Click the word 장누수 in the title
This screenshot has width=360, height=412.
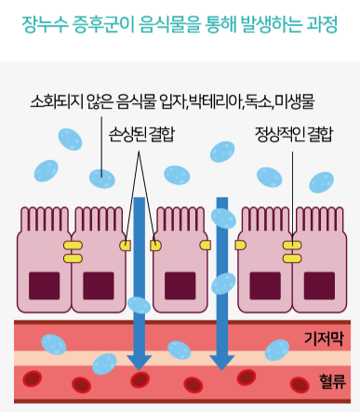click(x=45, y=24)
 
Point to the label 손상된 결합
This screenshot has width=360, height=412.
click(x=141, y=135)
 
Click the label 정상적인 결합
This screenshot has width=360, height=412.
click(x=294, y=135)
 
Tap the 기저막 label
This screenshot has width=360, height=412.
click(x=324, y=339)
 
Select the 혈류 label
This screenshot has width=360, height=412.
click(x=332, y=381)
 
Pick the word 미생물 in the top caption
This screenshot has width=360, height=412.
click(x=295, y=101)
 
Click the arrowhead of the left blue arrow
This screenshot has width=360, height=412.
click(x=140, y=362)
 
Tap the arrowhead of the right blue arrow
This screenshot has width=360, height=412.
click(x=222, y=362)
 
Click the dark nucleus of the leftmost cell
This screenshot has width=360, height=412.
click(x=45, y=286)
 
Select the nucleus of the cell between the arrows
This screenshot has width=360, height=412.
click(x=180, y=286)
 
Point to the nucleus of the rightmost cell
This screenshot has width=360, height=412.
click(x=319, y=286)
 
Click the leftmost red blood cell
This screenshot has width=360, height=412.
click(x=33, y=379)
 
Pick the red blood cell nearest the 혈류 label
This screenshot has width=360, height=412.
click(x=300, y=385)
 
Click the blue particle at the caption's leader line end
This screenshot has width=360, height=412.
click(x=102, y=179)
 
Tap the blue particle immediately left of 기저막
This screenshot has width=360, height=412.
click(x=277, y=350)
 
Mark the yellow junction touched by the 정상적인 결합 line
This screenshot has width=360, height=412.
click(x=292, y=246)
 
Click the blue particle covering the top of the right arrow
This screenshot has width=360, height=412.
click(x=223, y=219)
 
